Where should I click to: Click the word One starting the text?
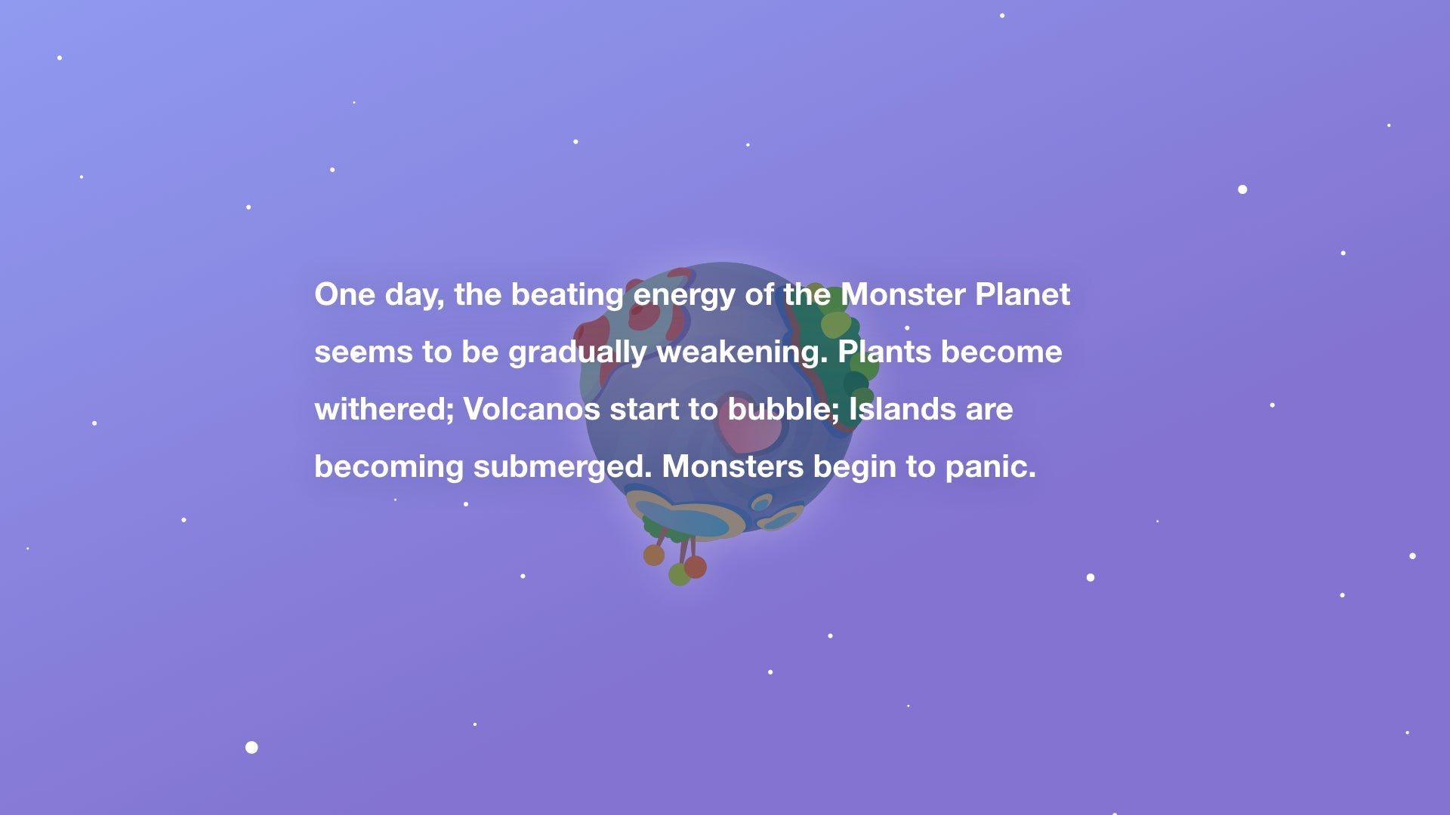click(x=344, y=294)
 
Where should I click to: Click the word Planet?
click(x=1023, y=294)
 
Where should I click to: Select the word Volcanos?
click(x=532, y=409)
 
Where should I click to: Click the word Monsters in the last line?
click(x=733, y=466)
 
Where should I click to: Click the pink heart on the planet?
click(x=748, y=426)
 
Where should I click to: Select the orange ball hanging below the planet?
click(x=654, y=555)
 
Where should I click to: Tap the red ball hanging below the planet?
click(x=696, y=567)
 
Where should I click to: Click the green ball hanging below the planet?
click(x=678, y=575)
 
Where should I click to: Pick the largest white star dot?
click(x=251, y=747)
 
